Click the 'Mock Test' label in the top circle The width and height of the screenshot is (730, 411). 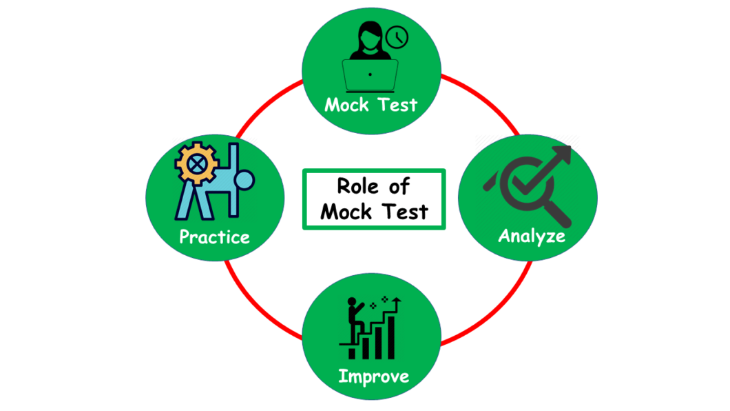[x=371, y=105]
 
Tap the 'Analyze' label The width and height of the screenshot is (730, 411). [x=531, y=236]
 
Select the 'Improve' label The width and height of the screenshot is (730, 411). [x=373, y=377]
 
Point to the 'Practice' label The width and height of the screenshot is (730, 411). [x=214, y=237]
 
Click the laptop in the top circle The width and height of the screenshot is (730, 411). [x=370, y=74]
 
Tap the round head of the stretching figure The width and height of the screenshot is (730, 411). [x=244, y=181]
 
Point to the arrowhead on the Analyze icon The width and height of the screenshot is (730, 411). [x=564, y=153]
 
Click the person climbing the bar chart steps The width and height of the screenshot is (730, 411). [x=354, y=319]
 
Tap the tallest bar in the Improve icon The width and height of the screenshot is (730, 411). [x=390, y=334]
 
